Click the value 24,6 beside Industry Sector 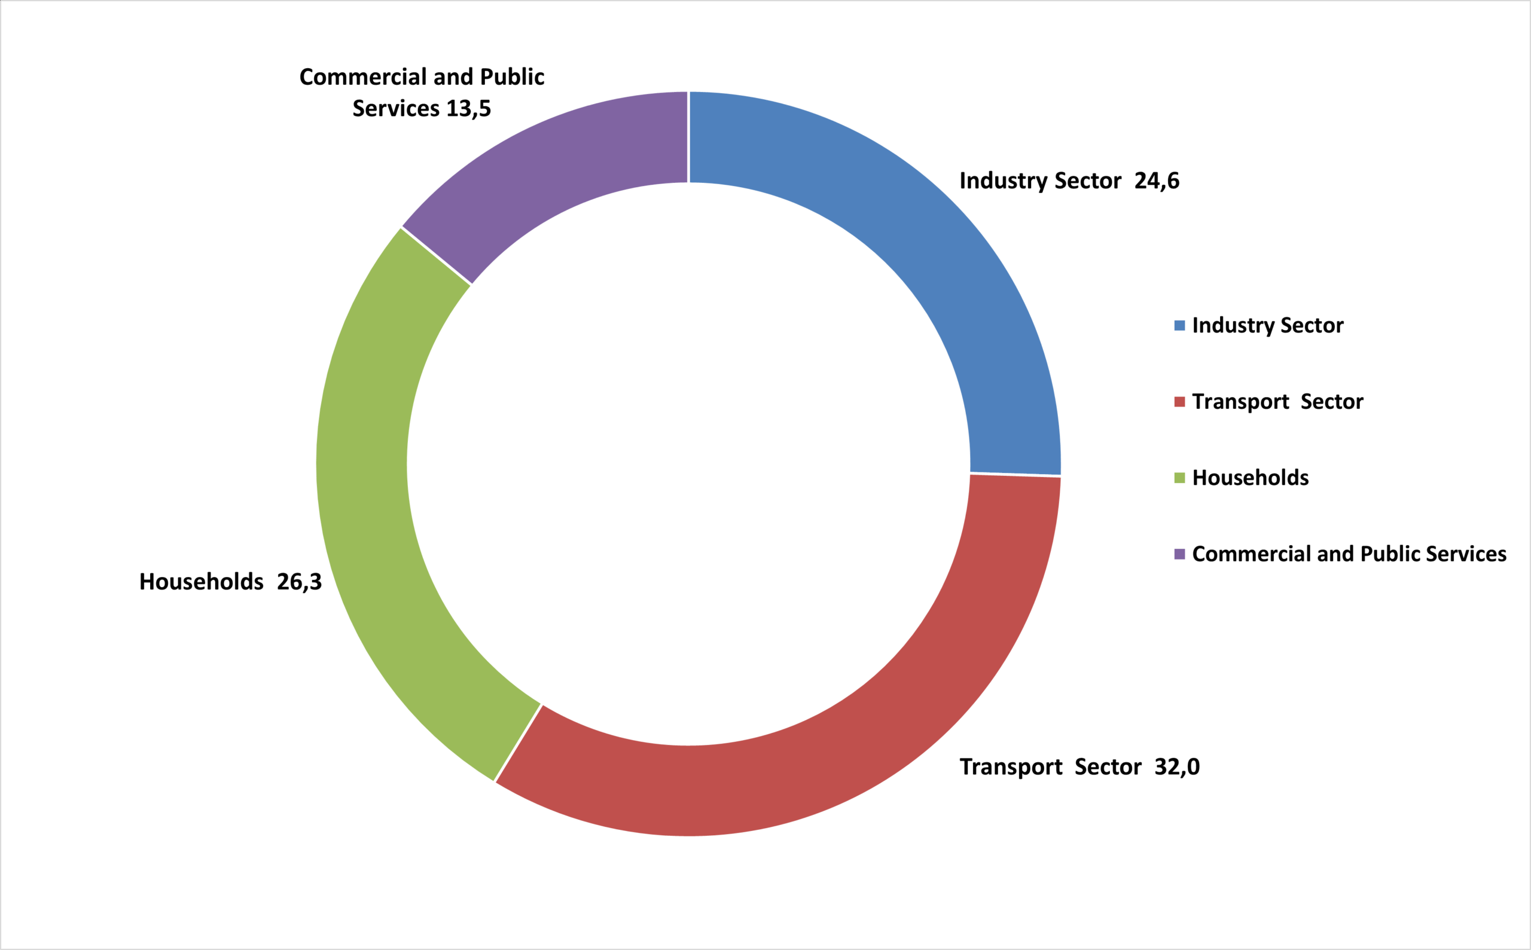[x=1157, y=181]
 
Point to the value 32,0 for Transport [x=1177, y=767]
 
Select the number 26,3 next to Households [x=299, y=582]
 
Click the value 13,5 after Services [x=468, y=109]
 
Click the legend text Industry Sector [x=1268, y=325]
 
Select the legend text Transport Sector [x=1277, y=402]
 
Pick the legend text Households [x=1251, y=478]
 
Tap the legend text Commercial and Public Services [x=1349, y=554]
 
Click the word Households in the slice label [x=201, y=582]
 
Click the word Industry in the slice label [x=1004, y=181]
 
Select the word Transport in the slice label [x=1011, y=767]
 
